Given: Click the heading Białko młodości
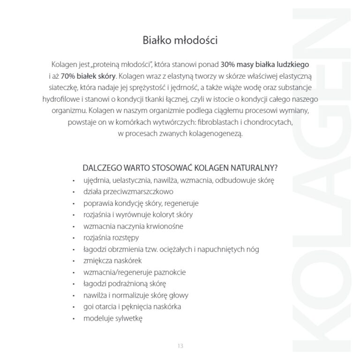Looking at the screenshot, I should pos(180,40).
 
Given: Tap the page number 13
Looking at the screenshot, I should pos(180,346).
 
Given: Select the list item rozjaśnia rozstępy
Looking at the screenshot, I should pos(114,238).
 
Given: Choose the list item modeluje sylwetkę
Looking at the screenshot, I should pos(112,319).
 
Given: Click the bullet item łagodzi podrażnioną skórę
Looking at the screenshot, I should pos(125,284).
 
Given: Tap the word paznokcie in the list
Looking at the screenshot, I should pos(172,272).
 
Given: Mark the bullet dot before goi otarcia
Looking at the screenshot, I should pos(74,307).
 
